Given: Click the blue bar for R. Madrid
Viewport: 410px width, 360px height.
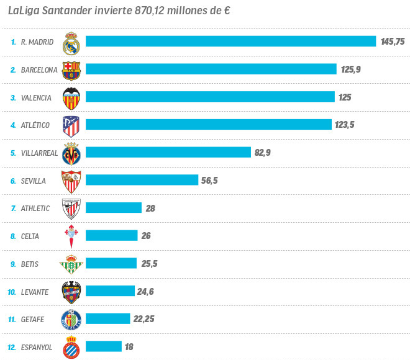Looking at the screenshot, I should (230, 42).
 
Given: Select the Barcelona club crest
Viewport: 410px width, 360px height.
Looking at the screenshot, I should (71, 70).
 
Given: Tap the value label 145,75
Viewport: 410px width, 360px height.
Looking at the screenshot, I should (393, 42).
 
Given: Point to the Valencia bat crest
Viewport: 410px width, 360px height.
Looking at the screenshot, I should (71, 97).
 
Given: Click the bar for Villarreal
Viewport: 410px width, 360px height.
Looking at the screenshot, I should (168, 153).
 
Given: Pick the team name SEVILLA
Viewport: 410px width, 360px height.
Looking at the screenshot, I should (34, 181).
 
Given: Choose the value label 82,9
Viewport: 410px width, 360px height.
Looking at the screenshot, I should (263, 153).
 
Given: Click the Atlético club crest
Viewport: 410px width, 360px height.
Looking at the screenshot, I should (71, 125).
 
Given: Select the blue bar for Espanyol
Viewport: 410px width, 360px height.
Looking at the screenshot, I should (103, 347).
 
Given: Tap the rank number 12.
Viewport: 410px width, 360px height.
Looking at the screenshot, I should (12, 347).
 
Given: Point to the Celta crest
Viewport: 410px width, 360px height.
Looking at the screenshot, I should (71, 236).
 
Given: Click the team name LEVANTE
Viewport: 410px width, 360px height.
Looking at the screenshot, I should (34, 292).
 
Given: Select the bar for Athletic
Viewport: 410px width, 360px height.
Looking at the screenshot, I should (114, 209).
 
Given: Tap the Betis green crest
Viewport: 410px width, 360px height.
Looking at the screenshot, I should (71, 264).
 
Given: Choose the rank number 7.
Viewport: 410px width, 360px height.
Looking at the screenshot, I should (13, 209).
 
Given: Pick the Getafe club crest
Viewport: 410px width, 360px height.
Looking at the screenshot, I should (71, 319).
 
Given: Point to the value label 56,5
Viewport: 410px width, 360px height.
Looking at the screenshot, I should (210, 181).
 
